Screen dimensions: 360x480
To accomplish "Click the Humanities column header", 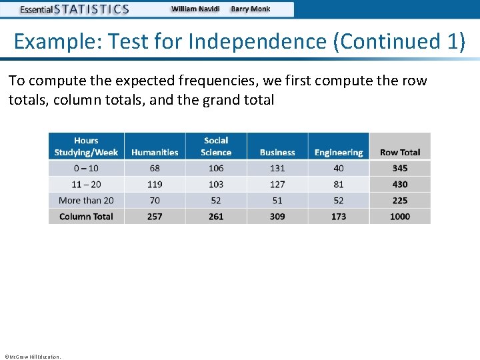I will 155,152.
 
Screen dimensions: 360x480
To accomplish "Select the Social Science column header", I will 216,146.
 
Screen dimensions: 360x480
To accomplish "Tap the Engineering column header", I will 339,152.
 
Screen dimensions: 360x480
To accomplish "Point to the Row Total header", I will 400,152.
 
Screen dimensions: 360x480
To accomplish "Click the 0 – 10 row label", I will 86,168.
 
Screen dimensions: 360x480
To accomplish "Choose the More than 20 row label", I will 86,200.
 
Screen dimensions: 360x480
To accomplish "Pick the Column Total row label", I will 86,216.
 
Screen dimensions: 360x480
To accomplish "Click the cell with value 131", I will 277,168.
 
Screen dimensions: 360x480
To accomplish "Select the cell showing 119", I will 155,184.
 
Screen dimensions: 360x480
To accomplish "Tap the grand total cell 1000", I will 400,216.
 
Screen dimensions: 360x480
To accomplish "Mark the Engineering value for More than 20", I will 339,200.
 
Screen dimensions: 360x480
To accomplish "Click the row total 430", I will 400,184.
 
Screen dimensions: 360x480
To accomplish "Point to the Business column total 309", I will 277,216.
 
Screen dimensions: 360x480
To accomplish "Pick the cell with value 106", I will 216,168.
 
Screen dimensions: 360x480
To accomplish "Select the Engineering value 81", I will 339,184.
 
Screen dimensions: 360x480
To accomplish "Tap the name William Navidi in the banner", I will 197,9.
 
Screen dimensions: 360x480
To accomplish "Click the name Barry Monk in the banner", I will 251,9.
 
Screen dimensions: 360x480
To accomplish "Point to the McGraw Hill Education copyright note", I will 32,357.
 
